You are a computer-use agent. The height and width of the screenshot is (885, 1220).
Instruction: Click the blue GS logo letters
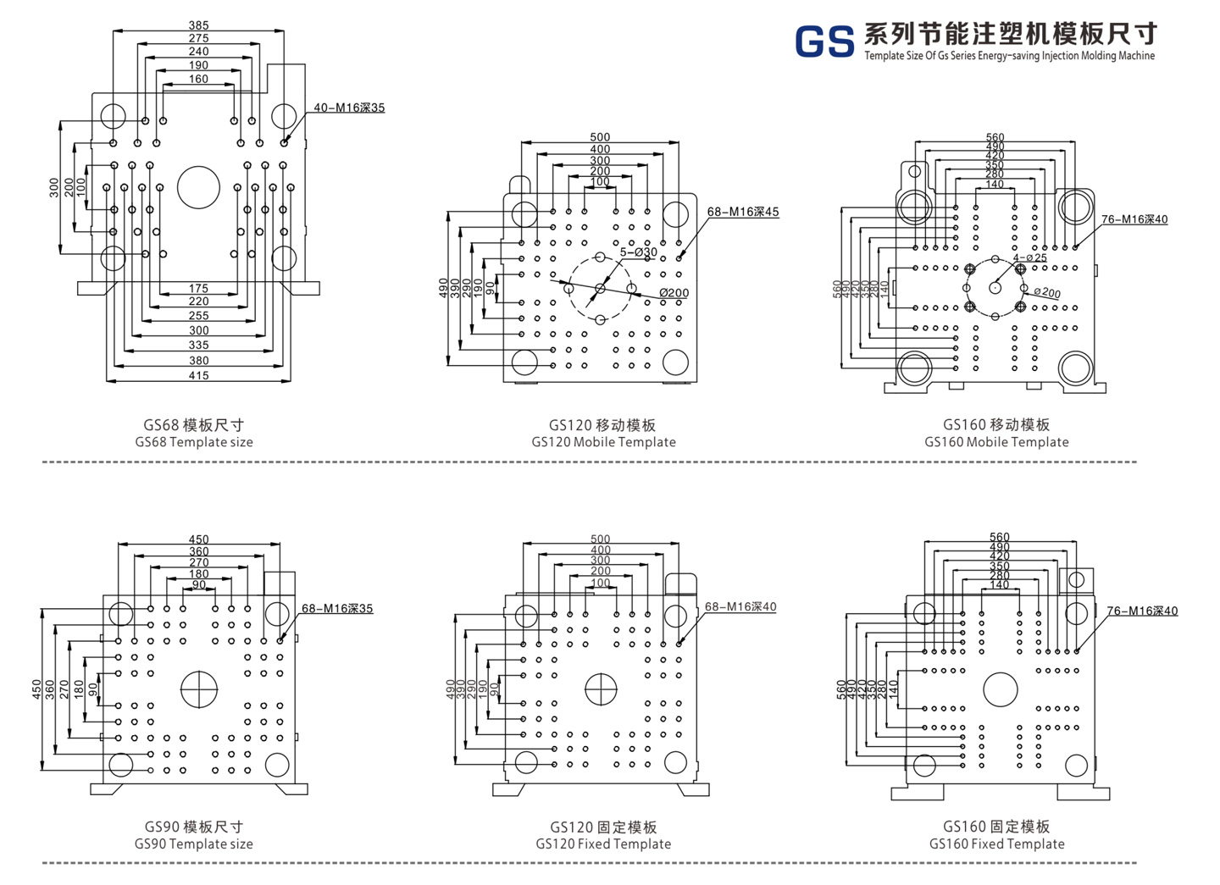pyautogui.click(x=823, y=41)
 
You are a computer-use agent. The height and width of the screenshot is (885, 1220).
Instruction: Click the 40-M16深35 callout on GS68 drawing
pyautogui.click(x=349, y=108)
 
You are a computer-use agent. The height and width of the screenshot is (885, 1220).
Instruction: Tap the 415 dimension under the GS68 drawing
pyautogui.click(x=198, y=375)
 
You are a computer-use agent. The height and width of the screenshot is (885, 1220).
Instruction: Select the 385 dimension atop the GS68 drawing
pyautogui.click(x=198, y=25)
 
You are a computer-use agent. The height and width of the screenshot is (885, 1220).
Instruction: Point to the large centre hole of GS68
pyautogui.click(x=198, y=187)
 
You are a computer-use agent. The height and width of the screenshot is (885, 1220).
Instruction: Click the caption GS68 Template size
pyautogui.click(x=194, y=442)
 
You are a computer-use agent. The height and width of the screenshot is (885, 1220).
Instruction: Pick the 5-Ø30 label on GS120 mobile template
pyautogui.click(x=638, y=252)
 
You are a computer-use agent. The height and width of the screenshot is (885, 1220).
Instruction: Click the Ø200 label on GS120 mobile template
pyautogui.click(x=674, y=293)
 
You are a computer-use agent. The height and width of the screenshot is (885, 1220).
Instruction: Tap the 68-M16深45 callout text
pyautogui.click(x=743, y=212)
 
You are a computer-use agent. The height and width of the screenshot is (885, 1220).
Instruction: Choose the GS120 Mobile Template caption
pyautogui.click(x=603, y=442)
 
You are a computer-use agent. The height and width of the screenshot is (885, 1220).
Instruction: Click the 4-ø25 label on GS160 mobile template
pyautogui.click(x=1030, y=257)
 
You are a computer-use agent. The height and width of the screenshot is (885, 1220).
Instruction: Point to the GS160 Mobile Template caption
pyautogui.click(x=996, y=442)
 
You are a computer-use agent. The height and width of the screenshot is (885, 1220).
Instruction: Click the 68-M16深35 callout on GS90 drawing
pyautogui.click(x=337, y=608)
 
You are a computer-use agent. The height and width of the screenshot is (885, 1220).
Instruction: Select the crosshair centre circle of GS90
pyautogui.click(x=199, y=689)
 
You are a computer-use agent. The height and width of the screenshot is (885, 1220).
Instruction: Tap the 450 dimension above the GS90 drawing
pyautogui.click(x=198, y=539)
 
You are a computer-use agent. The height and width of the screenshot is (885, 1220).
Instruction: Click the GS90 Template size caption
pyautogui.click(x=194, y=844)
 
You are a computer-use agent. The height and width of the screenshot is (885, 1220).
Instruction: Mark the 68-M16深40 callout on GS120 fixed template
pyautogui.click(x=740, y=606)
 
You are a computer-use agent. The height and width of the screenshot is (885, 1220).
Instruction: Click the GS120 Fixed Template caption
pyautogui.click(x=603, y=844)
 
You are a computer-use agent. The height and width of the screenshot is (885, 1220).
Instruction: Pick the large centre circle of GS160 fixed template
pyautogui.click(x=1000, y=689)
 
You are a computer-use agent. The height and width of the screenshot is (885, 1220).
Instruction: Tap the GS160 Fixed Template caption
pyautogui.click(x=996, y=844)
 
